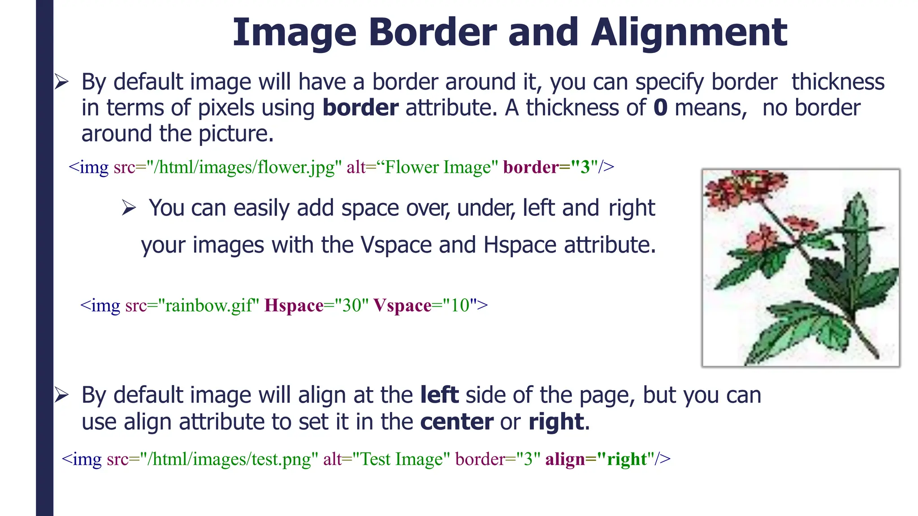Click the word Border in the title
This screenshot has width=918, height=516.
tap(433, 32)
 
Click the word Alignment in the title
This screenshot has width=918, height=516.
tap(689, 32)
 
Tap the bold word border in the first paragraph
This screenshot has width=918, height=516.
tap(360, 108)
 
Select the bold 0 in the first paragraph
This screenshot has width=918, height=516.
tap(660, 108)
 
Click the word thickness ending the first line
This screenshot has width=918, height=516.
tap(838, 82)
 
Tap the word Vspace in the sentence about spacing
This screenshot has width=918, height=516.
tap(396, 245)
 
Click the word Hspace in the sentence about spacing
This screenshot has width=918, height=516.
tap(520, 245)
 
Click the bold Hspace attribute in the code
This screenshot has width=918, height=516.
tap(294, 305)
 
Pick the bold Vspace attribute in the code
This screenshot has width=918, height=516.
tap(402, 305)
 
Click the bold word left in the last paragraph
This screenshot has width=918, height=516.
tap(439, 395)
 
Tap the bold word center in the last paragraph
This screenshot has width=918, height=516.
tap(457, 422)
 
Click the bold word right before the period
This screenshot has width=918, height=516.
tap(556, 422)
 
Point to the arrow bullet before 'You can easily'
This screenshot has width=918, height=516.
tap(129, 208)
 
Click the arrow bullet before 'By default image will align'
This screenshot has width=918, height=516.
tap(61, 395)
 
